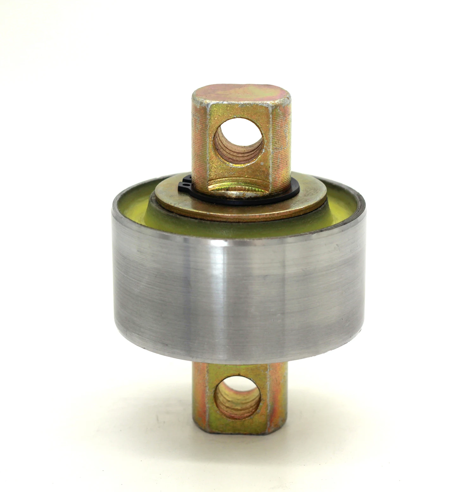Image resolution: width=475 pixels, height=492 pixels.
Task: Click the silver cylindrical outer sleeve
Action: [237, 291]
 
